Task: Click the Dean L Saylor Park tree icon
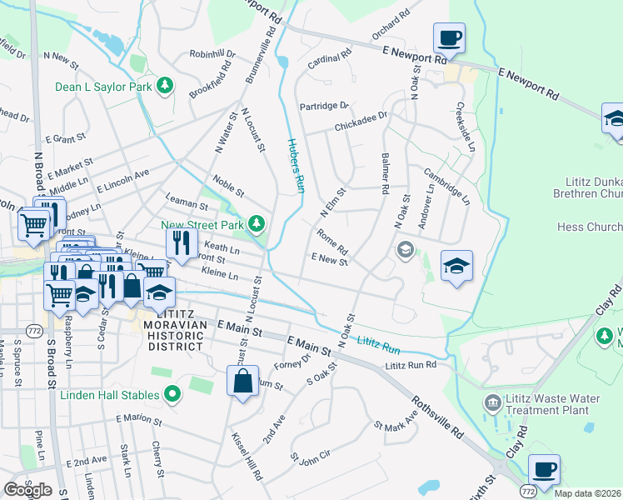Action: [165, 85]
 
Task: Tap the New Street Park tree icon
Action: [258, 223]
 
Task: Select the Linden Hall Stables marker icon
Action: [172, 392]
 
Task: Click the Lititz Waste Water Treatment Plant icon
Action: [493, 403]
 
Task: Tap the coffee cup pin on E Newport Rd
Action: [449, 38]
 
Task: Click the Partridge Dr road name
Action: [323, 106]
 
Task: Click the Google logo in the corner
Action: [27, 489]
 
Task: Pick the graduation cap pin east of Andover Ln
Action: [456, 266]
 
